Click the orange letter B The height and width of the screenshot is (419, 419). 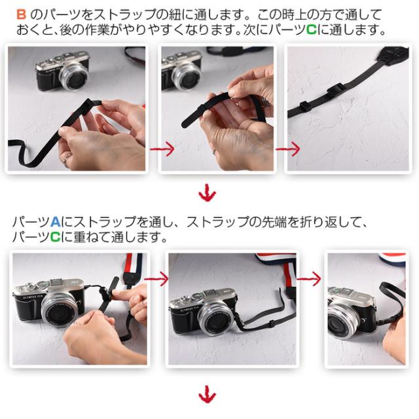(x=21, y=14)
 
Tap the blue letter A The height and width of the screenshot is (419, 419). (x=55, y=221)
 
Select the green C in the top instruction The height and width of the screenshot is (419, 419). (x=311, y=29)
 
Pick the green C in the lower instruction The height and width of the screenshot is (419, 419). (x=55, y=236)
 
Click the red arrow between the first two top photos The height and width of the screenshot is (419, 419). (x=162, y=149)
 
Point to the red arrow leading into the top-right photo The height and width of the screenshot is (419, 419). (x=288, y=149)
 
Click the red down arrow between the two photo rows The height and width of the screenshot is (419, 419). (x=208, y=192)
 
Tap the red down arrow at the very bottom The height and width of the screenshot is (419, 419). (x=208, y=394)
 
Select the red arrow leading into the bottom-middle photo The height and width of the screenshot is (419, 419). (x=156, y=279)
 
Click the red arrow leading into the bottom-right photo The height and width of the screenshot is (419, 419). (x=309, y=279)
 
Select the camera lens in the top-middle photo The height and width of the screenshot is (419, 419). (x=186, y=76)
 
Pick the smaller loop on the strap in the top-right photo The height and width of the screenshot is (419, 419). (x=304, y=106)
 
